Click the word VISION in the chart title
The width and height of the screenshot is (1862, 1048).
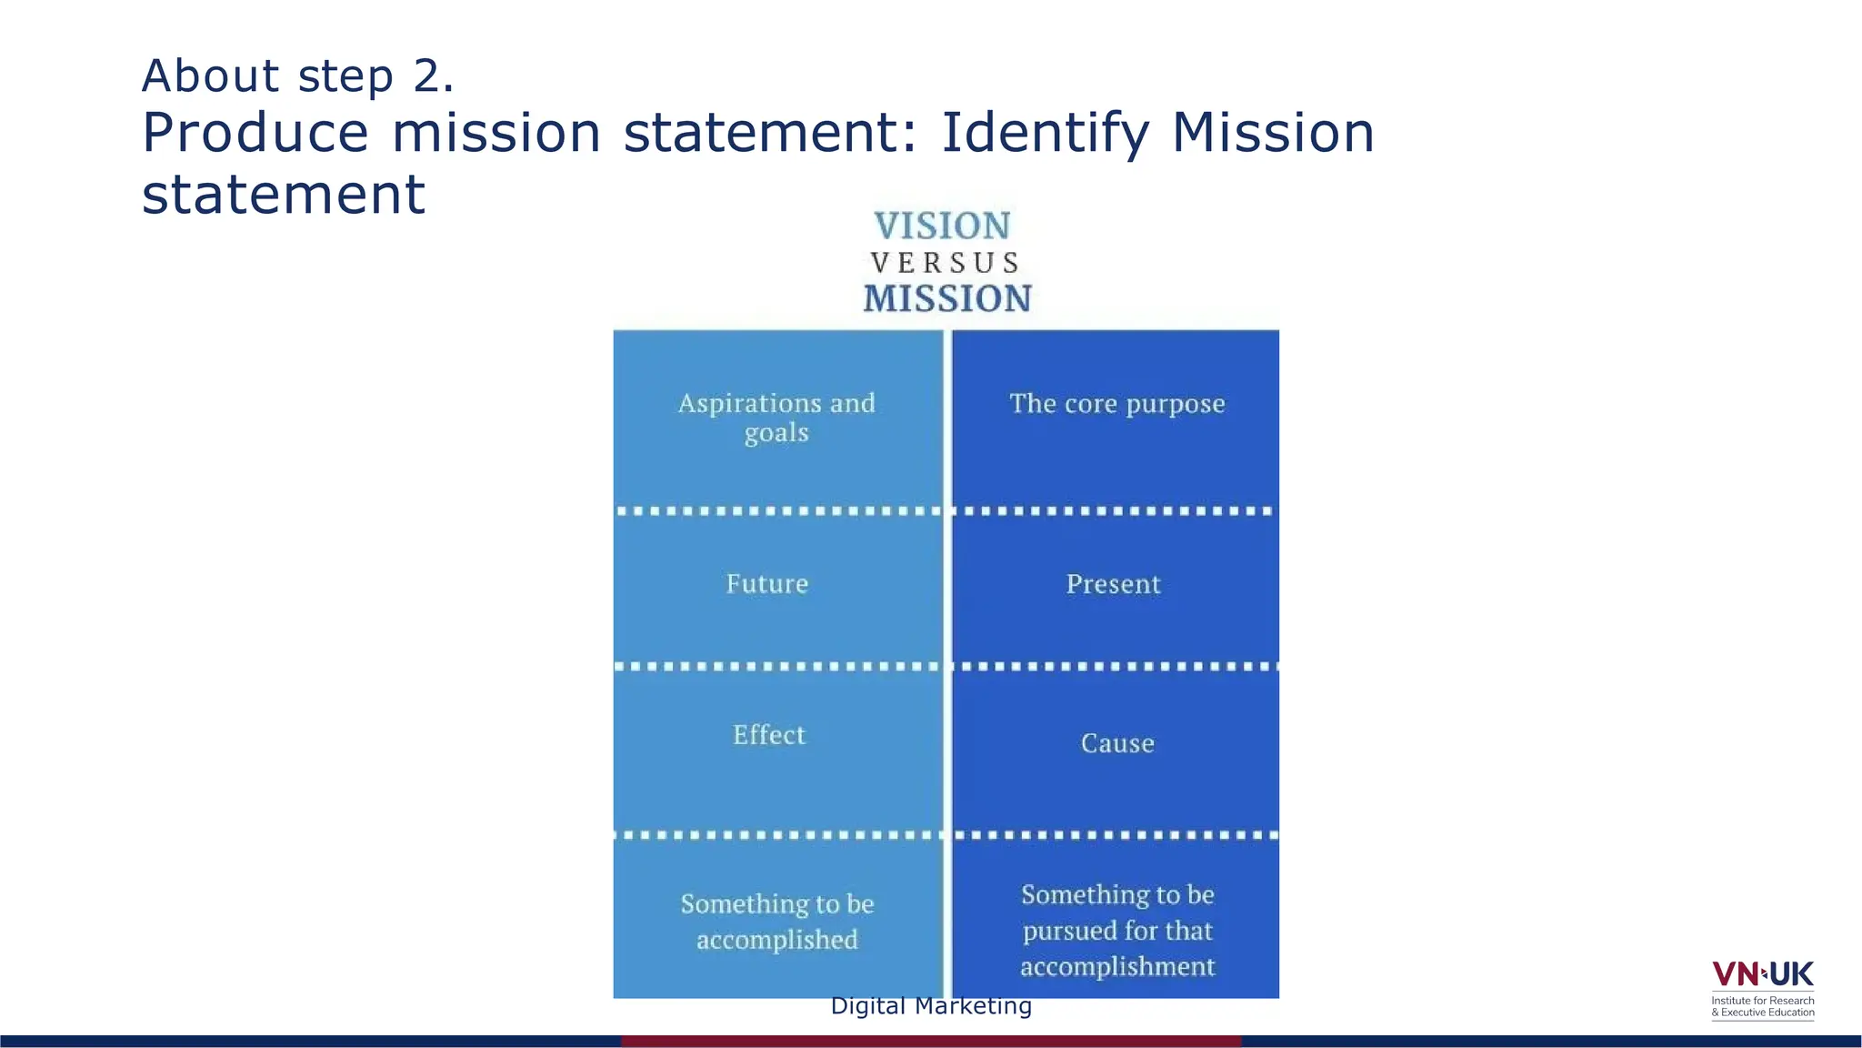point(942,226)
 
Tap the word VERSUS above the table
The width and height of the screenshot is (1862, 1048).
point(946,263)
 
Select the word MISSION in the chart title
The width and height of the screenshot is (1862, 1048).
point(947,298)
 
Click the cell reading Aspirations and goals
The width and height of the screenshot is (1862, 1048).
point(776,417)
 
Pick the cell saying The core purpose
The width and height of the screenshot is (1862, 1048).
point(1117,403)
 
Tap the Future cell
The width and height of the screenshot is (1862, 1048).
point(767,583)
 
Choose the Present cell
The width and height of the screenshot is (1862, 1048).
point(1114,584)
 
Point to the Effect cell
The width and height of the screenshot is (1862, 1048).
point(769,734)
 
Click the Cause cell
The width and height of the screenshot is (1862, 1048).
point(1117,743)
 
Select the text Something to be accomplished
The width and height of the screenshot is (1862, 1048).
point(777,921)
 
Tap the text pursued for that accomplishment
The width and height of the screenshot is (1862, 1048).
point(1117,948)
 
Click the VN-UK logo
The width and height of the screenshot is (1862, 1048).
point(1762,974)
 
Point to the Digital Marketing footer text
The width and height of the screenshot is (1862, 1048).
point(931,1006)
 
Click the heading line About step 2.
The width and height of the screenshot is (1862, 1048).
point(297,76)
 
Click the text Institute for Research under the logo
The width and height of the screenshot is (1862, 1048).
point(1762,1001)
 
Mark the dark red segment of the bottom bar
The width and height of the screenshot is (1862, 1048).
point(931,1041)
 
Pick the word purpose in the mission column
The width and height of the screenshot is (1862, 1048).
point(1176,405)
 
